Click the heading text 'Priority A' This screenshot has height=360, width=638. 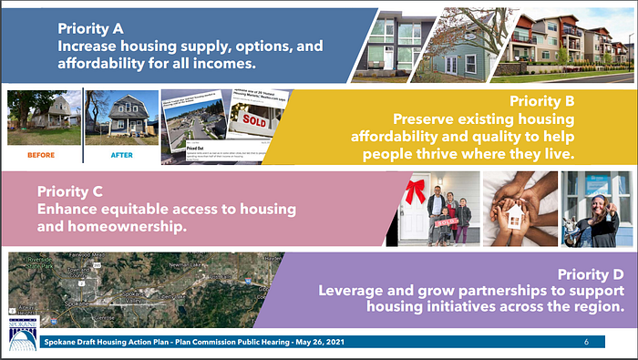92,26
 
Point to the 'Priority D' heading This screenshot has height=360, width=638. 591,274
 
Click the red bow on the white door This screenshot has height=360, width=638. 417,191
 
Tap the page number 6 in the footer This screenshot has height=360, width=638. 586,343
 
